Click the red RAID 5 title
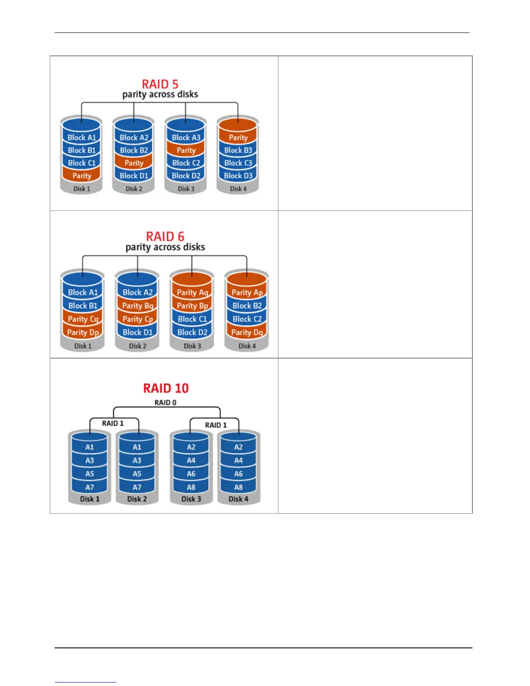(160, 84)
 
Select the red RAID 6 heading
(165, 236)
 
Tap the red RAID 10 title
(166, 388)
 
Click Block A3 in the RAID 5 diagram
(186, 138)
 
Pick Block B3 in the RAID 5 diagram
(238, 150)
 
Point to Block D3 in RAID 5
(238, 176)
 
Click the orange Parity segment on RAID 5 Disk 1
(82, 176)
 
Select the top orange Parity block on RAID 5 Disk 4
(238, 138)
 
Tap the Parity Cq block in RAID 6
(83, 319)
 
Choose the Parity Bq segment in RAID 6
(138, 306)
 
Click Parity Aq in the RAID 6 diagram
(192, 293)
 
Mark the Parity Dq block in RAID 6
(247, 333)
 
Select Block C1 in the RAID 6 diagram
(192, 319)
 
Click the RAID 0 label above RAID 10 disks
(165, 403)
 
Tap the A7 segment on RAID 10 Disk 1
(90, 487)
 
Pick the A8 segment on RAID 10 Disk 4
(238, 487)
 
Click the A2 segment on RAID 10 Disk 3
(191, 447)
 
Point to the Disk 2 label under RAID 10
(137, 499)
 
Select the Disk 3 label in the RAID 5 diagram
(186, 189)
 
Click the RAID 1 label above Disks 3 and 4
(216, 425)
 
